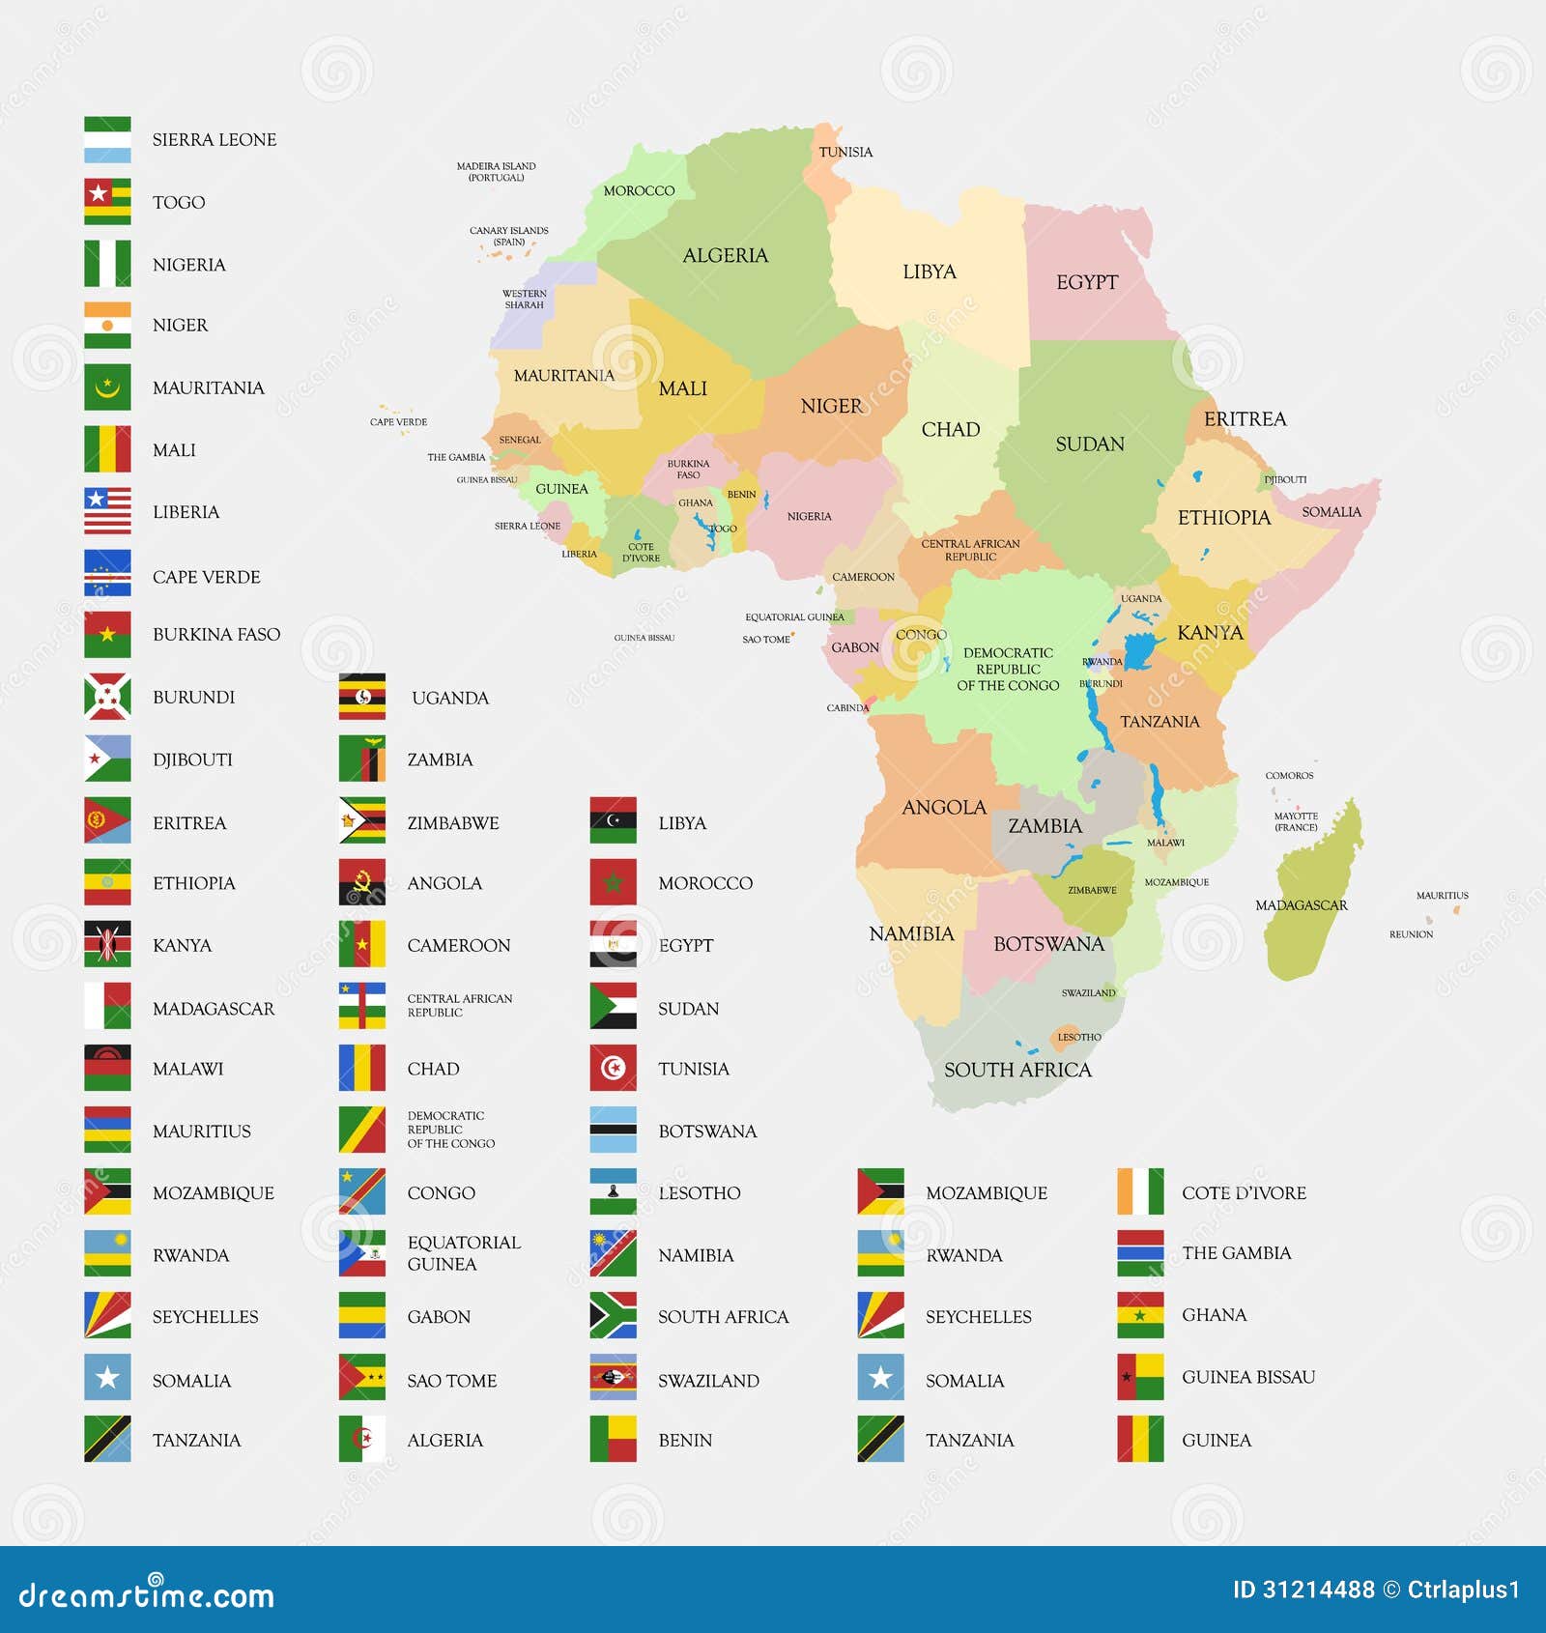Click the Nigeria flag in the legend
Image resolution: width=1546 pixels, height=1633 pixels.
pos(107,264)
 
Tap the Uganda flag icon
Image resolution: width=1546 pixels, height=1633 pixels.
pos(362,697)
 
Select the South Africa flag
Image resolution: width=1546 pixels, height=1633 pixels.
pos(614,1315)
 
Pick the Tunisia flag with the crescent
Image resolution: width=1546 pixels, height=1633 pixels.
pos(614,1068)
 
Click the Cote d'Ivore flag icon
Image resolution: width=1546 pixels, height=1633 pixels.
pos(1140,1191)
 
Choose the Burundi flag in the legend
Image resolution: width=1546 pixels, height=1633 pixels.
pos(107,697)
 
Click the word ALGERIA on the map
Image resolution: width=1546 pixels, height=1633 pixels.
pos(725,255)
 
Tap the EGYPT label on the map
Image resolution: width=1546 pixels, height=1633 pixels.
pos(1086,282)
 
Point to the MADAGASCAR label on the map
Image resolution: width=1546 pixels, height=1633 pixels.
pos(1301,905)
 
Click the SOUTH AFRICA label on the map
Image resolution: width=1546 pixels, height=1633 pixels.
pos(1017,1070)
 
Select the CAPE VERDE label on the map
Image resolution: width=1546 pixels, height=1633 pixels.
pos(398,422)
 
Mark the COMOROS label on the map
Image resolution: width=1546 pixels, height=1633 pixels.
pos(1289,776)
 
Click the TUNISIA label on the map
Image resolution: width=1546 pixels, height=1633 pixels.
pos(845,152)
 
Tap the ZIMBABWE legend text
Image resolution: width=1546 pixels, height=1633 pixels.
pos(452,823)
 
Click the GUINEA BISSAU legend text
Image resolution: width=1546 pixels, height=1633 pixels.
pos(1247,1377)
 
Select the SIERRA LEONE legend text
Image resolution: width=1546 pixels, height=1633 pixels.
pos(214,140)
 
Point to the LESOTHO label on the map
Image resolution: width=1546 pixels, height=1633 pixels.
pos(1078,1037)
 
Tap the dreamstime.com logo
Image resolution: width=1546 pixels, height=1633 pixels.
pos(147,1594)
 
